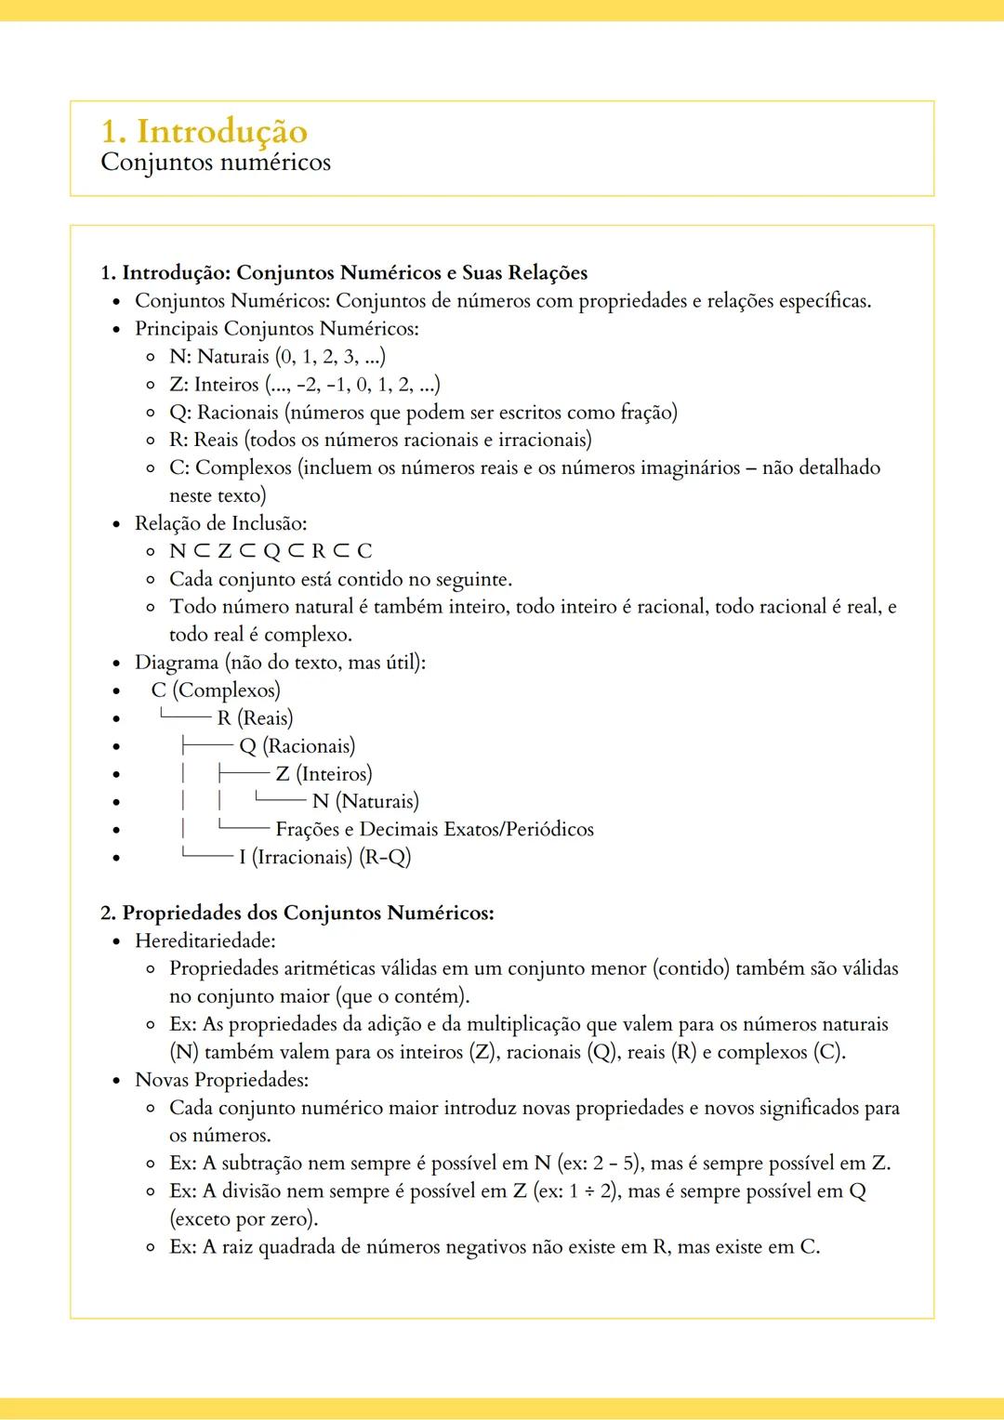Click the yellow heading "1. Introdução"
pyautogui.click(x=204, y=131)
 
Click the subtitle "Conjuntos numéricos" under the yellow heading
pyautogui.click(x=215, y=163)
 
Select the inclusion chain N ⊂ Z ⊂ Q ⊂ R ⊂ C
pyautogui.click(x=271, y=551)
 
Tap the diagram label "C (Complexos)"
pyautogui.click(x=216, y=690)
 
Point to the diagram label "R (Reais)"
pyautogui.click(x=255, y=718)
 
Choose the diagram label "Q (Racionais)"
pyautogui.click(x=297, y=746)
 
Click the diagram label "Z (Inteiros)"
pyautogui.click(x=324, y=774)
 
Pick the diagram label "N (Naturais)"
pyautogui.click(x=365, y=801)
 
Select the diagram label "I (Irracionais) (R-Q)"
pyautogui.click(x=324, y=857)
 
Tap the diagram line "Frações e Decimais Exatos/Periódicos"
pyautogui.click(x=434, y=829)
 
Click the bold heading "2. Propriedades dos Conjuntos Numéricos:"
pyautogui.click(x=297, y=913)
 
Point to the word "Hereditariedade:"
pyautogui.click(x=205, y=940)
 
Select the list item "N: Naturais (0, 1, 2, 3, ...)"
pyautogui.click(x=277, y=356)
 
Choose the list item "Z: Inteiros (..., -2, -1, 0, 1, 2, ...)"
pyautogui.click(x=304, y=384)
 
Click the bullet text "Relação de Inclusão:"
pyautogui.click(x=220, y=523)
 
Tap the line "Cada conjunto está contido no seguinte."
pyautogui.click(x=340, y=579)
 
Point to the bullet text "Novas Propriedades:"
pyautogui.click(x=221, y=1080)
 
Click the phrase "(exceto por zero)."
pyautogui.click(x=244, y=1219)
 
